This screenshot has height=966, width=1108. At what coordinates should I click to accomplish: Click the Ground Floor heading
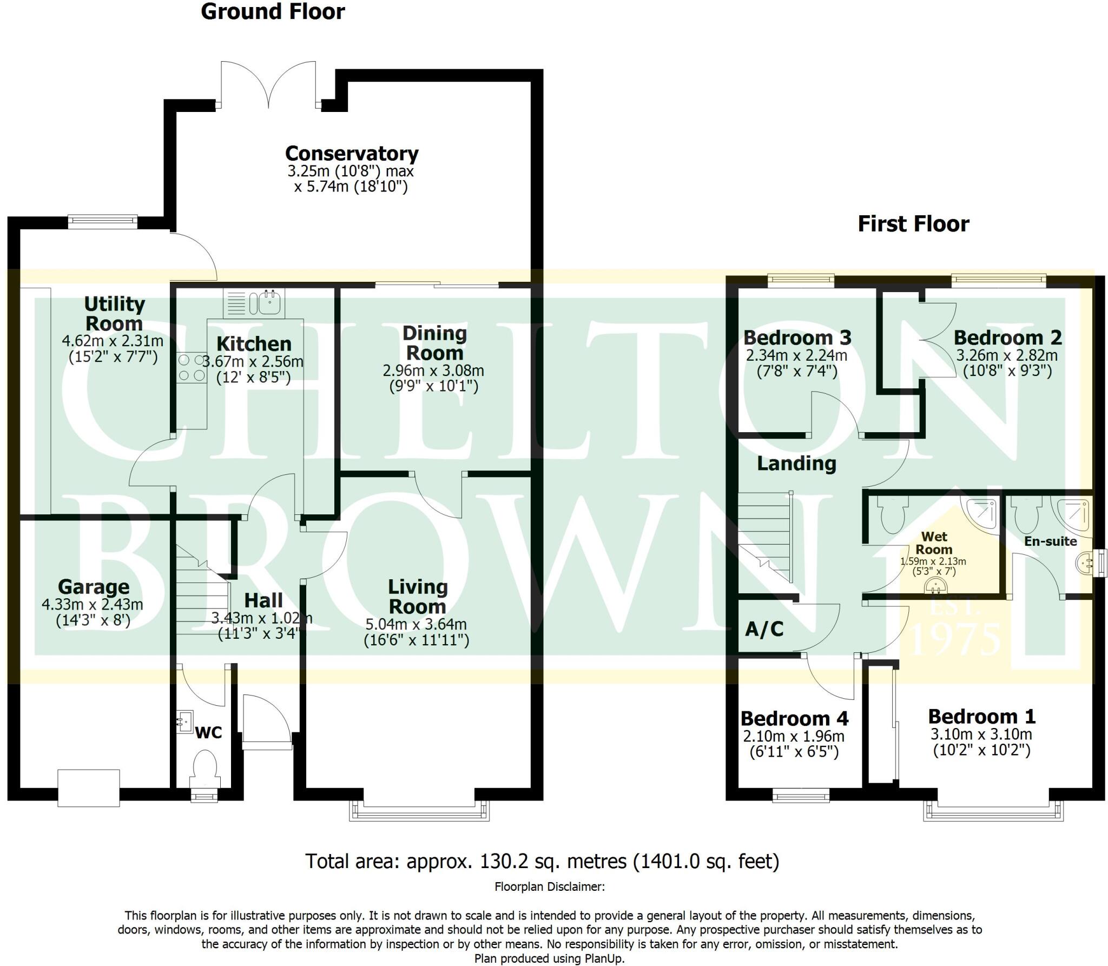273,12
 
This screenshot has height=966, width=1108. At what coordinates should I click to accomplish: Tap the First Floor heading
913,224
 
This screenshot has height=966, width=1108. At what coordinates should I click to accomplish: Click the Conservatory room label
352,154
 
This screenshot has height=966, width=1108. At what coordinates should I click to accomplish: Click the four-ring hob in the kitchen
191,368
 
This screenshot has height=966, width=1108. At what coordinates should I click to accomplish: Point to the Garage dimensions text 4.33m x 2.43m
93,604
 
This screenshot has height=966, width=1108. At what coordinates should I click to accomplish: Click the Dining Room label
434,343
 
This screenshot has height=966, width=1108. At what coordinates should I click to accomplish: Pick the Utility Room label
114,314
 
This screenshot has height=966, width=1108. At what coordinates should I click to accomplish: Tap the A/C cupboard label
764,629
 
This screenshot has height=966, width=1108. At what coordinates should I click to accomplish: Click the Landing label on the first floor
796,464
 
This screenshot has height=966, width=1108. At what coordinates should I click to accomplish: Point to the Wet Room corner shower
982,512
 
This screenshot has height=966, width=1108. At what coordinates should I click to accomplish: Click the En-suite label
1050,541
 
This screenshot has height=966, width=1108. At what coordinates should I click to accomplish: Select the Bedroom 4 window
801,795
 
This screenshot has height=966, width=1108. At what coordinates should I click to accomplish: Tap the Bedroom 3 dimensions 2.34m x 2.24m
796,356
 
